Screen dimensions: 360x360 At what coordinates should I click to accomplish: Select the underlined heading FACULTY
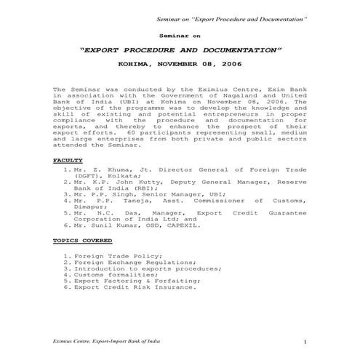click(x=68, y=159)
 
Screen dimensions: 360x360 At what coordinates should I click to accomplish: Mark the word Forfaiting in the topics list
click(x=174, y=280)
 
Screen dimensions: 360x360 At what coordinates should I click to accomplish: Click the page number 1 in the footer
click(x=306, y=341)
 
